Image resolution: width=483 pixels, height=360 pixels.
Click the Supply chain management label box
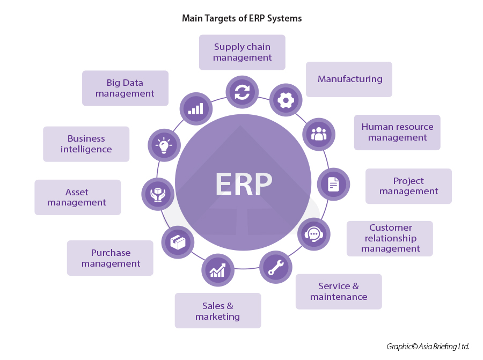tap(242, 53)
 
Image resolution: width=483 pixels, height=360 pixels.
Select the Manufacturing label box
tap(349, 79)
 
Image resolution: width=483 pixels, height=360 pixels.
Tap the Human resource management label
tap(397, 133)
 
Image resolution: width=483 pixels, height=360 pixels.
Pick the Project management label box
tap(408, 186)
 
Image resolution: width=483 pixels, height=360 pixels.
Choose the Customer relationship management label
tap(390, 238)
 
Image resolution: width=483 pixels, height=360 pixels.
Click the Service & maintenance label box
tap(339, 291)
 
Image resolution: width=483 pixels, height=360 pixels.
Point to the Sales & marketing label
tap(218, 311)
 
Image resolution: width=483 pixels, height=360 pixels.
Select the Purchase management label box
tap(111, 258)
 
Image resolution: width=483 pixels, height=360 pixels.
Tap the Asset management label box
tap(77, 197)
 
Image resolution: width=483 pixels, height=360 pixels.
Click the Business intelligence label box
tap(86, 144)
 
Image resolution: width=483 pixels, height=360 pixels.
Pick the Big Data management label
tap(125, 89)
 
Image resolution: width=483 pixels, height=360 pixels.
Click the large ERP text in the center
tap(244, 184)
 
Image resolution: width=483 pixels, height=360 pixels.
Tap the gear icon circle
tap(286, 100)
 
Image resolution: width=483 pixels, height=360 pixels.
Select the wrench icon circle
tap(276, 267)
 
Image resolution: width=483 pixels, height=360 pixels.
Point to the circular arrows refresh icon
tap(242, 92)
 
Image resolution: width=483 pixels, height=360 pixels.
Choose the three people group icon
tap(319, 134)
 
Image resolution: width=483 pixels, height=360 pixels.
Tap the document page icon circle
tap(334, 184)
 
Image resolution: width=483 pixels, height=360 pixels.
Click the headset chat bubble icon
tap(314, 234)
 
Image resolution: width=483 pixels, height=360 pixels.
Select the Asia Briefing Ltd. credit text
tap(428, 347)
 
